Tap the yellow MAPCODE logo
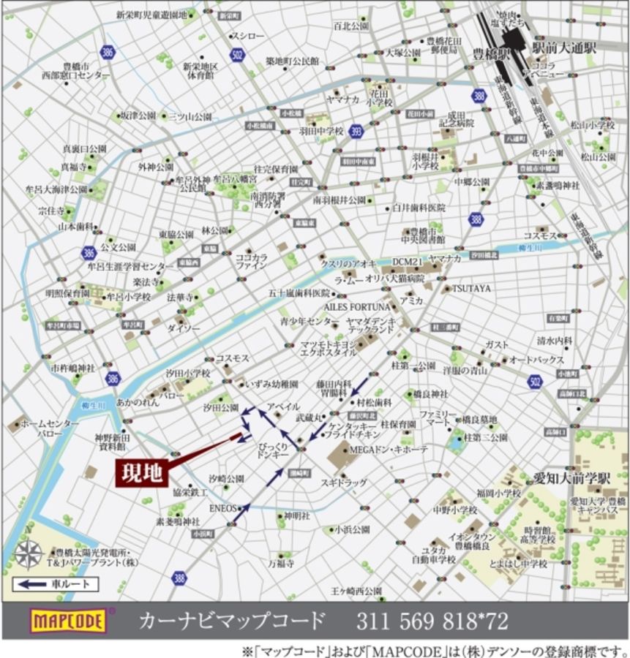click(x=68, y=621)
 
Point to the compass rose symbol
click(x=27, y=553)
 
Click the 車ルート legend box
click(x=55, y=584)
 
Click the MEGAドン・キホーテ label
click(x=389, y=449)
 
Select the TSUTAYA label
click(x=471, y=288)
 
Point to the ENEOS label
click(x=223, y=507)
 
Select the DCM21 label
click(x=408, y=261)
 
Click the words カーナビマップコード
click(x=232, y=621)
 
